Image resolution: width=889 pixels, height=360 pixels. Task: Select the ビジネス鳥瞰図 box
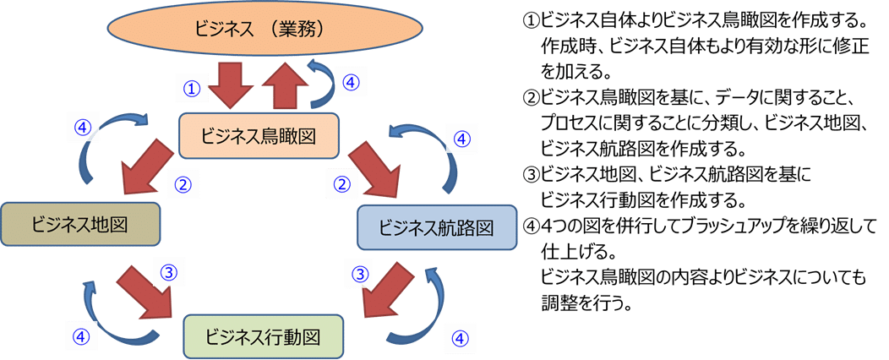point(259,135)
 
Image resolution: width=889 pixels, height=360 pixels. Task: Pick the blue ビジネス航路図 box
point(436,228)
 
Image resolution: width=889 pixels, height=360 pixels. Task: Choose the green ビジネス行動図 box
point(264,336)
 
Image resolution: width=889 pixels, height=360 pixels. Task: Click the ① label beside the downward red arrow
point(193,87)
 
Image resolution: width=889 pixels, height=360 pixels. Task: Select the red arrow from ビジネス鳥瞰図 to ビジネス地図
point(146,166)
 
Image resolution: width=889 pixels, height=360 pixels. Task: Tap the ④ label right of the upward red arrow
point(352,82)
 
